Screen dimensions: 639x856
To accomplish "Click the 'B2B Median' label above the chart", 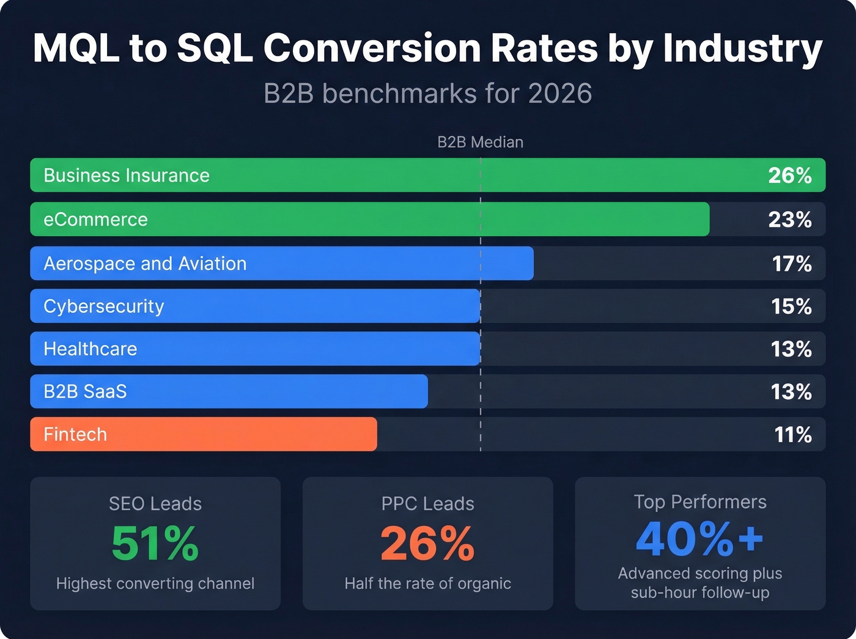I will coord(480,142).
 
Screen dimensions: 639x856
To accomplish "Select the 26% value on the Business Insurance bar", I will coord(789,175).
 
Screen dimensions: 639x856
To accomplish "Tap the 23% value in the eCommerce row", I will coord(789,220).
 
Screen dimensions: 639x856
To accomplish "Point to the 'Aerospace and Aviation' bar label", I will coord(145,264).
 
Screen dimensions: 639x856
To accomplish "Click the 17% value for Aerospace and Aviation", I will coord(791,264).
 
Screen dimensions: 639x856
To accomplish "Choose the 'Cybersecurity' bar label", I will coord(103,306).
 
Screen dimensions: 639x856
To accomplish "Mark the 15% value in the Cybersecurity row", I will coord(791,306).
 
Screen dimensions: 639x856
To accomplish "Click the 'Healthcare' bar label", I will coord(90,349).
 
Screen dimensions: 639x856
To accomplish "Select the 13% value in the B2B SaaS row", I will coord(791,392).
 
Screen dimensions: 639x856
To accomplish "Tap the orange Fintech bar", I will coord(245,435).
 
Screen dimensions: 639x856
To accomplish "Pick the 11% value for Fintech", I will coord(792,435).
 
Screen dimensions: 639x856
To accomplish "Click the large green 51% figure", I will coord(155,544).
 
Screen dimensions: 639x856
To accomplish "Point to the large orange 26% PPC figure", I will coord(427,544).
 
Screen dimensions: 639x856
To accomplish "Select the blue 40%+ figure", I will coord(699,539).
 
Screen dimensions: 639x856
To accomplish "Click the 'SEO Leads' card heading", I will coord(155,504).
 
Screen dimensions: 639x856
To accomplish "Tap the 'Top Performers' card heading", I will coord(699,502).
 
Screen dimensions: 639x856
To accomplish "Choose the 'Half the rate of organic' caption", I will coord(427,584).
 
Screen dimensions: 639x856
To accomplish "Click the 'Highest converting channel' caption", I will coord(155,584).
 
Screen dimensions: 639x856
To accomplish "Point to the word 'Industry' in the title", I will coord(742,48).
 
